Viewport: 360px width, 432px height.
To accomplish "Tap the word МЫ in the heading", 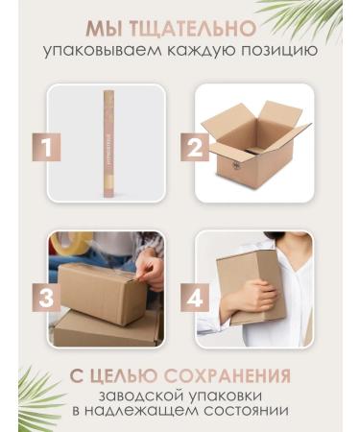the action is click(x=105, y=29).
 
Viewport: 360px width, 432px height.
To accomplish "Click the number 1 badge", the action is click(x=46, y=147).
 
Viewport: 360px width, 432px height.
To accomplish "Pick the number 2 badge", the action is click(x=195, y=147).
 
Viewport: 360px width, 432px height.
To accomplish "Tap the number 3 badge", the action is click(x=46, y=298).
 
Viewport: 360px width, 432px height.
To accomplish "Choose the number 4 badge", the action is click(x=195, y=298).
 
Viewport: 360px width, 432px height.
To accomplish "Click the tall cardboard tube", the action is click(x=109, y=144).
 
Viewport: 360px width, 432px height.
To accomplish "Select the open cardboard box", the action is click(x=256, y=142).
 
